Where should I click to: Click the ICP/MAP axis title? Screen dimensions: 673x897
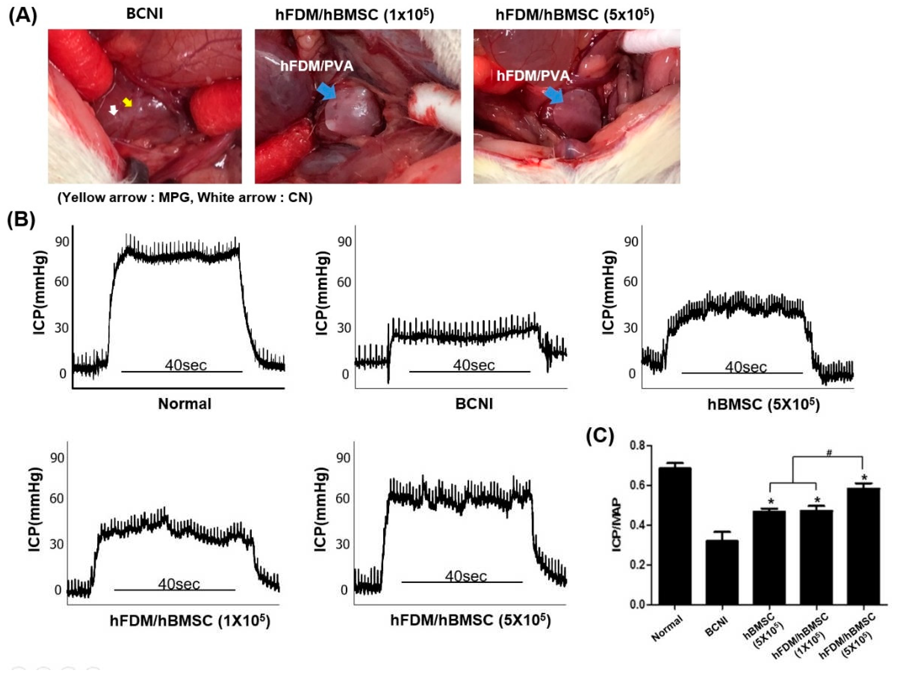[617, 525]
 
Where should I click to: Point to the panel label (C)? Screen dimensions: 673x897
[600, 436]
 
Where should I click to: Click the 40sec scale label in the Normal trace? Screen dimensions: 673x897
[186, 365]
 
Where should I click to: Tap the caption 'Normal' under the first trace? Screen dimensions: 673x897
[185, 404]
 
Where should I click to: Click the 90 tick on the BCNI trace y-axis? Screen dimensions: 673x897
[345, 242]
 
